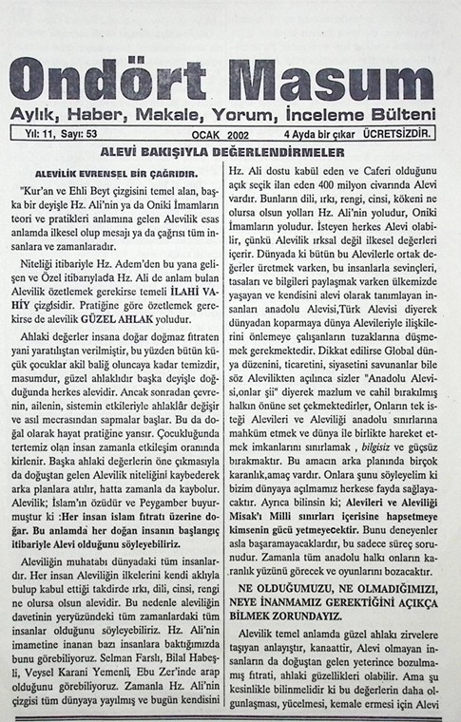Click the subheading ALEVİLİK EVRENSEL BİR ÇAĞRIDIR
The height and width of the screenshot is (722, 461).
tap(115, 174)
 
